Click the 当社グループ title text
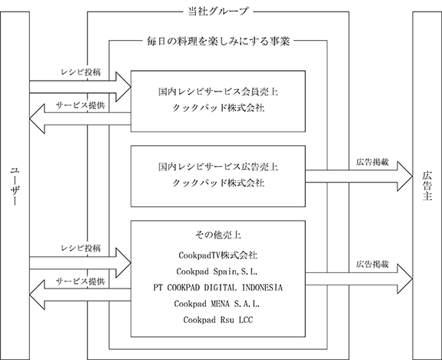coord(218,12)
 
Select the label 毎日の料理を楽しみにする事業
coord(218,42)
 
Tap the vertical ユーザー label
coord(15,187)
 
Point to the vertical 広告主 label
coord(427,185)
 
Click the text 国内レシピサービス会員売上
coord(218,92)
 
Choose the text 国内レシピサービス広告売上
coord(218,167)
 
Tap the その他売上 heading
coord(218,235)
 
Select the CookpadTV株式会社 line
coord(218,255)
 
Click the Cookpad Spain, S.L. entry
coord(217,272)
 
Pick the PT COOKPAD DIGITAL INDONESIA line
coord(218,288)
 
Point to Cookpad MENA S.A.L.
coord(217,304)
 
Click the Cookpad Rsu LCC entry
coord(218,320)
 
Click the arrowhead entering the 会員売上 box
coord(124,87)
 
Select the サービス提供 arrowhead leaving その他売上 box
coord(37,295)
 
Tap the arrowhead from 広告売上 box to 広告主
coord(405,176)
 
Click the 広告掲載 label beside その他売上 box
coord(372,265)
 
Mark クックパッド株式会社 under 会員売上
coord(218,108)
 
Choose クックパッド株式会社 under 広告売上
coord(218,183)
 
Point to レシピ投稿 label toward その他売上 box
coord(81,248)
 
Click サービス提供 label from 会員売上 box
coord(81,105)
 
